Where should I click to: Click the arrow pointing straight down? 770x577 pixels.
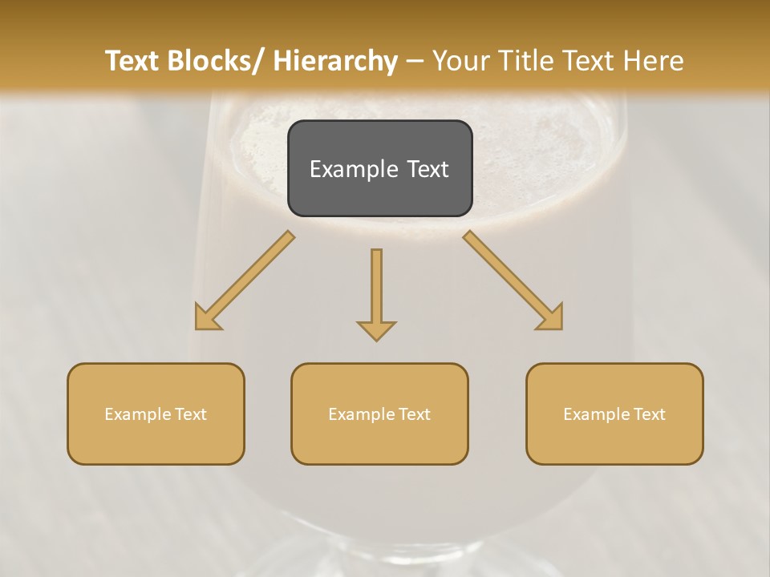coord(376,293)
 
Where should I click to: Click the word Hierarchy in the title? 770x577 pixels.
coord(334,61)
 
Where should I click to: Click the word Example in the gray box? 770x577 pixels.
coord(354,169)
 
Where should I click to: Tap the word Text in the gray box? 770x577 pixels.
coord(427,169)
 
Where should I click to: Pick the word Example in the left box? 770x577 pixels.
coord(138,414)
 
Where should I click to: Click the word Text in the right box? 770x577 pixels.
coord(649,414)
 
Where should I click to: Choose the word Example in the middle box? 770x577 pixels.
coord(362,414)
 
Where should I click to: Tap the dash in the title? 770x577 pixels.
coord(415,61)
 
